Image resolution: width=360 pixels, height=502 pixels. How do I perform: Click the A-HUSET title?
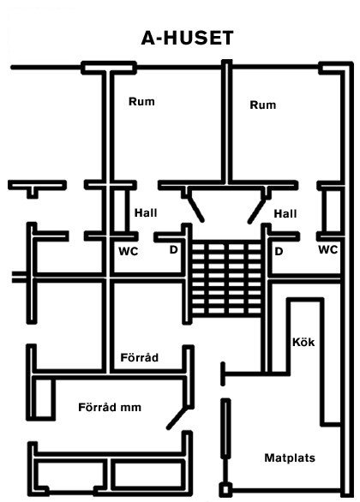tap(188, 38)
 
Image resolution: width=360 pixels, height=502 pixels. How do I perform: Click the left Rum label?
tap(141, 101)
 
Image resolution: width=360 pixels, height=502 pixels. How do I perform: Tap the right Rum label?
tap(262, 105)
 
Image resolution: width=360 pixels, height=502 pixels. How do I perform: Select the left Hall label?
tap(146, 213)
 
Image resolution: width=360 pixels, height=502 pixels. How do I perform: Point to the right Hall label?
tap(285, 214)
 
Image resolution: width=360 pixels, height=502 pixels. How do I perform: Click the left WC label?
tap(128, 251)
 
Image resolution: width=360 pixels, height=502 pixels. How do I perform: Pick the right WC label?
tap(328, 249)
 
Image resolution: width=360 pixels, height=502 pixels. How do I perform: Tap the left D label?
tap(173, 250)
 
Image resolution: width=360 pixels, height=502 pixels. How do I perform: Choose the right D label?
tap(279, 252)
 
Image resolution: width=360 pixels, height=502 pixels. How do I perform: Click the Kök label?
tap(303, 343)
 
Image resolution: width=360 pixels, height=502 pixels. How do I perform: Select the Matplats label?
tap(290, 458)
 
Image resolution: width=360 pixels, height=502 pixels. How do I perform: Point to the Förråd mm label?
tap(110, 407)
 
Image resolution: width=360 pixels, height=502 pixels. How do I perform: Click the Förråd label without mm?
tap(140, 357)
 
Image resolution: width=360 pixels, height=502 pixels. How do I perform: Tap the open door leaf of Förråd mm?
tap(177, 418)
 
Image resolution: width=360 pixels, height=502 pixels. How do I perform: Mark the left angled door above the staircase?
tap(196, 209)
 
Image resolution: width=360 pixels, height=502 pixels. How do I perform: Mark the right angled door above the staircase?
tap(256, 211)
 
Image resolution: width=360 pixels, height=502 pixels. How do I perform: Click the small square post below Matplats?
tap(225, 490)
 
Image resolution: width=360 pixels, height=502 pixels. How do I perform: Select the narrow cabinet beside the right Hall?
tap(332, 212)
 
